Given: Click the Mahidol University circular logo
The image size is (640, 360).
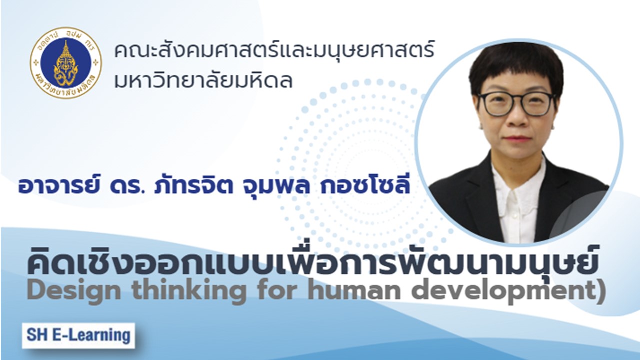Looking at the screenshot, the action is coord(66,63).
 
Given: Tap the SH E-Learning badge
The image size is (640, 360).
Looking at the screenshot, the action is coord(78,335).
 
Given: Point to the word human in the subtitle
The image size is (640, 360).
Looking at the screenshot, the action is coord(353,291).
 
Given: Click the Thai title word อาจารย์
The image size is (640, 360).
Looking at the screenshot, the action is coord(60,185).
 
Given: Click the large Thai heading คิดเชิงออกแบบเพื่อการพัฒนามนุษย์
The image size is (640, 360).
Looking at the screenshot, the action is coord(312,261).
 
